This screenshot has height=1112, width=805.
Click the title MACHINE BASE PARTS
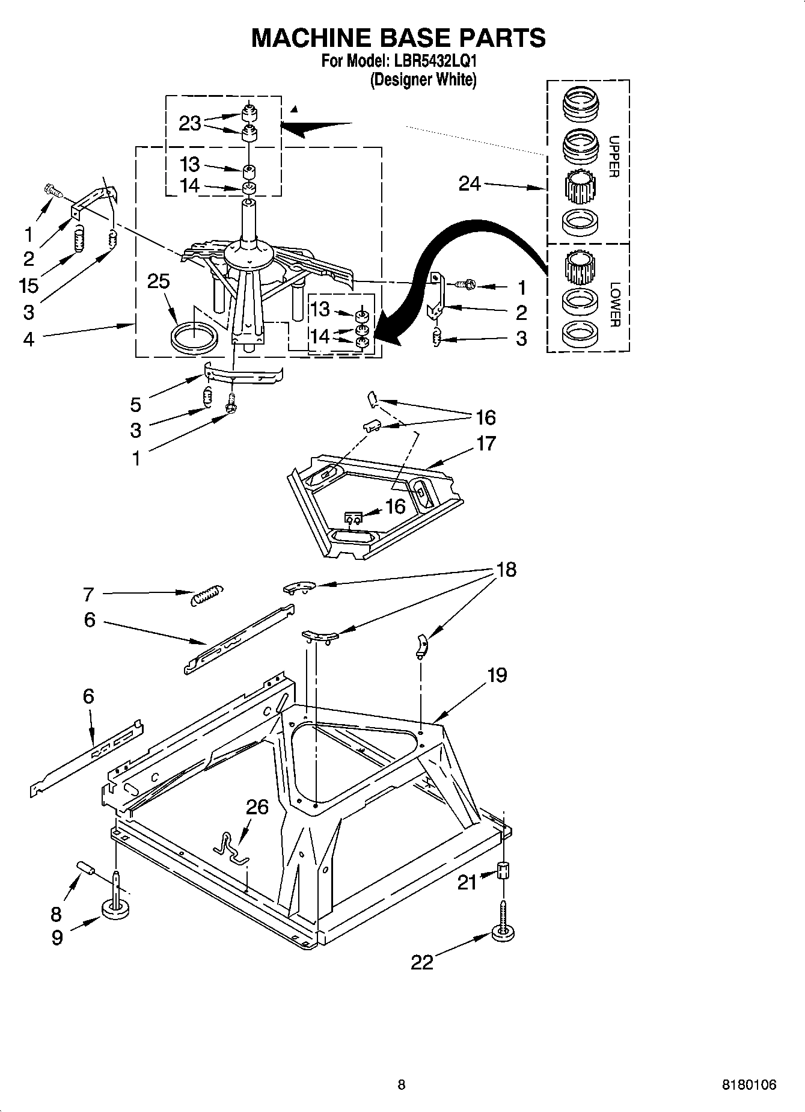pos(398,37)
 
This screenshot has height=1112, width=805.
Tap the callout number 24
pos(470,183)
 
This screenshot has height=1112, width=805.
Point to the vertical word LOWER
pos(613,304)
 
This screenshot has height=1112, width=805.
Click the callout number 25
pos(159,281)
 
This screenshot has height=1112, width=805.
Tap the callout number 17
pos(486,443)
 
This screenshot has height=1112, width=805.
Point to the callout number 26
pos(257,807)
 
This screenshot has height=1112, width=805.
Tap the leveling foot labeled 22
pos(504,933)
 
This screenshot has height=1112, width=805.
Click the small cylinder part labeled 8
pos(86,869)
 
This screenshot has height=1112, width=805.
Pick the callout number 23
pos(189,123)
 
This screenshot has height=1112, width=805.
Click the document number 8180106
pos(748,1084)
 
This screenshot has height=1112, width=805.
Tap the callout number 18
pos(506,569)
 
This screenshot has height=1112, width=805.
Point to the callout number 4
pos(29,339)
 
